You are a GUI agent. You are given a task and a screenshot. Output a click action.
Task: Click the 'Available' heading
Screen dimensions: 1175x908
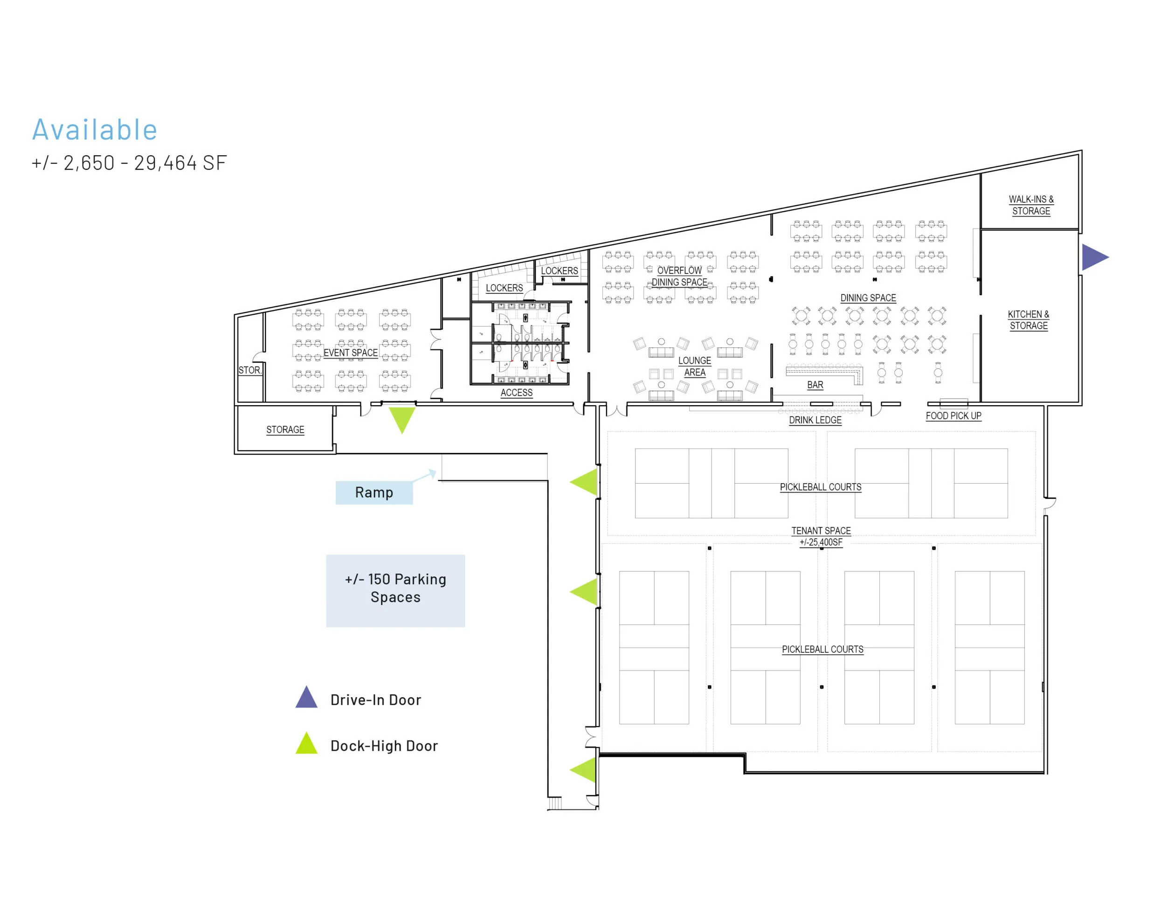click(95, 130)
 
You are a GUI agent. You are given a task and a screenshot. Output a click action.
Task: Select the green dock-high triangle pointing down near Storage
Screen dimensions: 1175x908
click(401, 418)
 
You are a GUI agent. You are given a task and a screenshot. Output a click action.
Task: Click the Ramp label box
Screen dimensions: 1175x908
click(374, 492)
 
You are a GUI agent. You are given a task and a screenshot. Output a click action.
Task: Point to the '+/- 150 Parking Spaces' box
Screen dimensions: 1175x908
click(395, 590)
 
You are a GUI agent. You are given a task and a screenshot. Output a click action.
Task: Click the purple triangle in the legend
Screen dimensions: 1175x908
click(307, 698)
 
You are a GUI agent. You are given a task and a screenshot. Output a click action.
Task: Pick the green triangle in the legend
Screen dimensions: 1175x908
click(307, 744)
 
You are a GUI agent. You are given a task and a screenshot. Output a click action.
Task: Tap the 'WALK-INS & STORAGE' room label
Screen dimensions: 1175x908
click(1031, 205)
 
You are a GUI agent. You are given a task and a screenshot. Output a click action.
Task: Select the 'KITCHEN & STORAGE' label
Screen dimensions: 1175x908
click(1028, 320)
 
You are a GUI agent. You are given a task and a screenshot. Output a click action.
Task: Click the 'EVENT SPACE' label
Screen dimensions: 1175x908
click(350, 353)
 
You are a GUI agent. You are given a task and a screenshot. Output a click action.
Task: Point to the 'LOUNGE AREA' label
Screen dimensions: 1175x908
click(695, 366)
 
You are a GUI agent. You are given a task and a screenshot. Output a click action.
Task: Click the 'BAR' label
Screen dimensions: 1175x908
click(815, 385)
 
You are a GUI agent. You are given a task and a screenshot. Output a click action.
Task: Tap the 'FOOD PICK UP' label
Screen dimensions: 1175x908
click(954, 416)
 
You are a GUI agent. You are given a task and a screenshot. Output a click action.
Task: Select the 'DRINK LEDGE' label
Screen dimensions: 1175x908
click(815, 420)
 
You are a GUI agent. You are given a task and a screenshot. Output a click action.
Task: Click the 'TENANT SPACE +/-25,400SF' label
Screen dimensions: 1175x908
click(821, 536)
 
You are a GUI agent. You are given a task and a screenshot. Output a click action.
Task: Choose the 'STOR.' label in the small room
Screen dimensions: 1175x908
click(249, 370)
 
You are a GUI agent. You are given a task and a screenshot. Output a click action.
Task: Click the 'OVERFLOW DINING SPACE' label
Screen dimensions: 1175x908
click(679, 276)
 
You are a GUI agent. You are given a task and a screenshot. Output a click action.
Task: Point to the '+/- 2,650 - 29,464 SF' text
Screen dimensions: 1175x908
click(129, 163)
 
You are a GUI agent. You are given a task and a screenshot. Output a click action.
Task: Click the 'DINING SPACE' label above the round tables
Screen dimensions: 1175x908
click(868, 298)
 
